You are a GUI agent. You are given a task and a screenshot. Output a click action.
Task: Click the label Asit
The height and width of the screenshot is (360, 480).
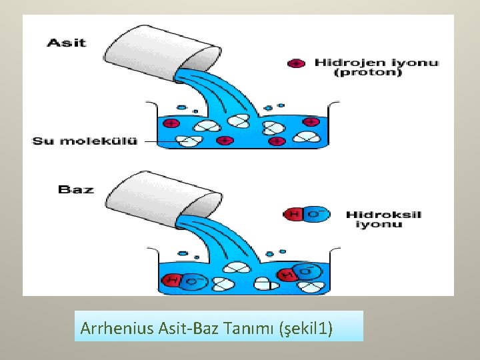(x=66, y=43)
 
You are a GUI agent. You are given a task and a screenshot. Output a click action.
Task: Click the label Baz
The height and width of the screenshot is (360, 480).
(x=76, y=189)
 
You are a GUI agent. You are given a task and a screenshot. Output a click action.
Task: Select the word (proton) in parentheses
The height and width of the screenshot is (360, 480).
(x=368, y=73)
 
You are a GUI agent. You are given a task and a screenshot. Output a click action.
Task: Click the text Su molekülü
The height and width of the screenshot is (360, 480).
(x=85, y=141)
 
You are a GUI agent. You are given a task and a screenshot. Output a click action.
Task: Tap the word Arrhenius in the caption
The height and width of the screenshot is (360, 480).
(x=117, y=328)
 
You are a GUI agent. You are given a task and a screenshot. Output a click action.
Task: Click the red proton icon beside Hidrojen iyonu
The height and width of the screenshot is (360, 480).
(x=296, y=63)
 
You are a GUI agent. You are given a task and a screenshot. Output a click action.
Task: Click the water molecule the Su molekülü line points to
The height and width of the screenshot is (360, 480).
(x=191, y=140)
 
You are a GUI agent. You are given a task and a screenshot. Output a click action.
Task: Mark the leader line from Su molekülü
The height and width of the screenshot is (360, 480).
(x=160, y=141)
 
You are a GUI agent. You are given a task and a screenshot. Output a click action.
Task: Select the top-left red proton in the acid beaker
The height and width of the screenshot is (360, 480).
(x=171, y=123)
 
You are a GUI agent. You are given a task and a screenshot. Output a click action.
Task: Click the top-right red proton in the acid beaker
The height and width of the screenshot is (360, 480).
(x=311, y=122)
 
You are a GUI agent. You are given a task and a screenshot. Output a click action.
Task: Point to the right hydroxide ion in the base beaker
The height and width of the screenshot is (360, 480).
(x=298, y=273)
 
